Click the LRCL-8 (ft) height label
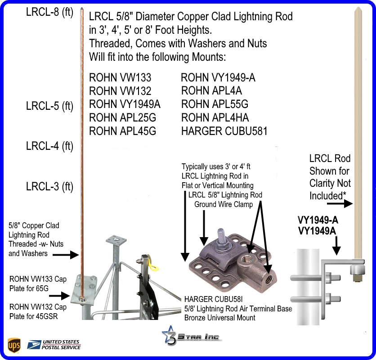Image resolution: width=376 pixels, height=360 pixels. click(x=49, y=13)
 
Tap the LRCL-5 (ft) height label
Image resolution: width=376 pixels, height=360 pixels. click(x=49, y=107)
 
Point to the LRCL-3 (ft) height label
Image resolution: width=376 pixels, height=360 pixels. click(x=49, y=186)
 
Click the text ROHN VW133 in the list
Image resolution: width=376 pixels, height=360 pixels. click(x=120, y=78)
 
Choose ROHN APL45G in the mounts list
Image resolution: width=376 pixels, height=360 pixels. click(x=123, y=131)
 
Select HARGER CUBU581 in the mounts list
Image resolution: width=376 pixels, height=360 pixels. click(x=224, y=131)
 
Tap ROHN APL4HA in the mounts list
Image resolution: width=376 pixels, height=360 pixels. click(x=215, y=118)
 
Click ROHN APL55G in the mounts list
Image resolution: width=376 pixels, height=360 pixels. click(x=215, y=104)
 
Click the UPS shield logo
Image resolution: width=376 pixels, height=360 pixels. click(x=14, y=345)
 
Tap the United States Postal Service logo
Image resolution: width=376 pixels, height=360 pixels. click(x=54, y=345)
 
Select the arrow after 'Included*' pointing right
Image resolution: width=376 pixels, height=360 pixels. click(x=342, y=204)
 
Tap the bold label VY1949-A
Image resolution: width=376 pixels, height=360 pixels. click(x=318, y=220)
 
